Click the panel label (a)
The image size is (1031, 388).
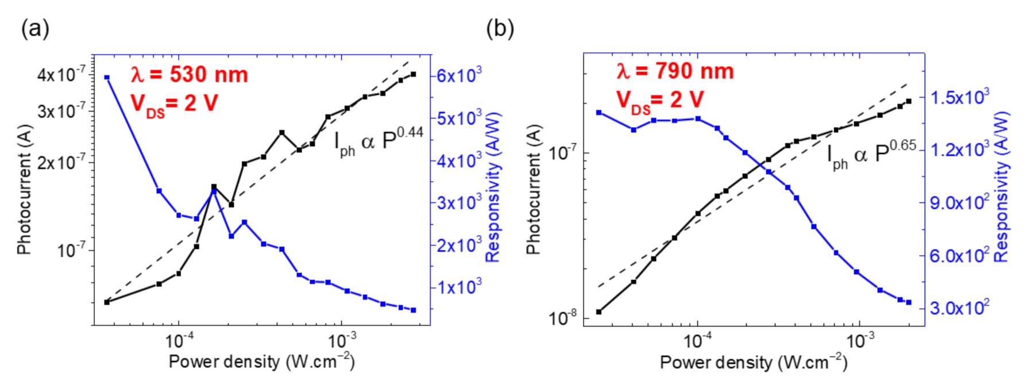coord(35,28)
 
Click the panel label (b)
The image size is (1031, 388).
coord(500,28)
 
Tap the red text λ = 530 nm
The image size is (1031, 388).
coord(189,75)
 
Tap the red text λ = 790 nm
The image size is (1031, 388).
coord(675,71)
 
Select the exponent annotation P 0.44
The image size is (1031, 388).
coord(379,140)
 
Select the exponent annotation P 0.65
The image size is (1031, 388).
coord(871,153)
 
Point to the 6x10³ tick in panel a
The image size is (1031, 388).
coord(459,75)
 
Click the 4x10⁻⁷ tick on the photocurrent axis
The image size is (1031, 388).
coord(61,75)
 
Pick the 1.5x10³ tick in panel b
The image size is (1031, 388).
coord(959,97)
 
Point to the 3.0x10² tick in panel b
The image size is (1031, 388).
coord(959,308)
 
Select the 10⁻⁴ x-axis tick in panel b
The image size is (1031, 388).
coord(697,341)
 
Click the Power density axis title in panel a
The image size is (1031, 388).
coord(261,362)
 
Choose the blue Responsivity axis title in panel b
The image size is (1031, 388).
coord(1001,187)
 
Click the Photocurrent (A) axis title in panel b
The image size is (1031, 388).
coord(534,190)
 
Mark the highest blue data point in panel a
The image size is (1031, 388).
coord(107,78)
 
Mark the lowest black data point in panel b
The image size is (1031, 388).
coord(599,312)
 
